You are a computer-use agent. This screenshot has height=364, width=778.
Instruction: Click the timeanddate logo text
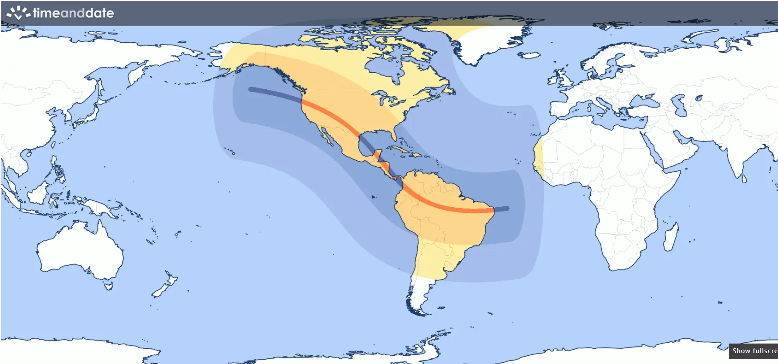pyautogui.click(x=73, y=13)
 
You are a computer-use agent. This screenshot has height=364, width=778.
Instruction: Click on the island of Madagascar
pyautogui.click(x=671, y=237)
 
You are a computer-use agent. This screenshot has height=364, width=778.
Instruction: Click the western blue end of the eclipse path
pyautogui.click(x=251, y=89)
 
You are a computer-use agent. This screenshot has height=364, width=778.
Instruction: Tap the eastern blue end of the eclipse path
pyautogui.click(x=506, y=209)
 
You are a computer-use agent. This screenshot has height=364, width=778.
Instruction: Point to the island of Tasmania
pyautogui.click(x=108, y=286)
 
